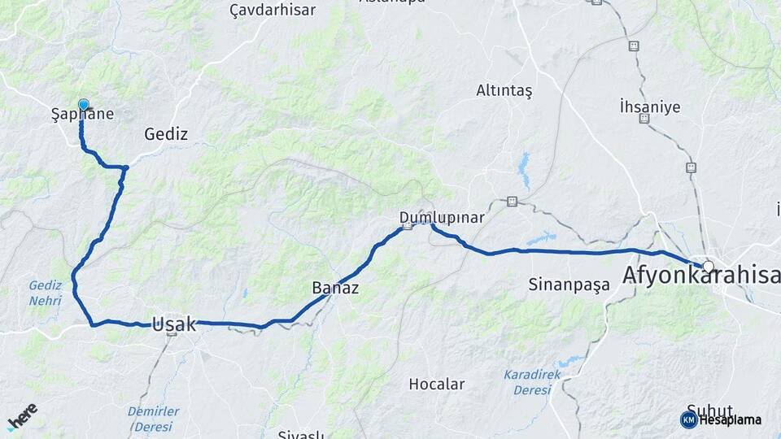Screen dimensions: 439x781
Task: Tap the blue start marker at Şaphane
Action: (83, 105)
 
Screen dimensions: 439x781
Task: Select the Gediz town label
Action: (166, 134)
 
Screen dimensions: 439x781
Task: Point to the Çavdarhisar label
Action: (273, 10)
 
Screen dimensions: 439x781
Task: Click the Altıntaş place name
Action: (504, 91)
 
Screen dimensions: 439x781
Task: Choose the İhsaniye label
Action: (649, 106)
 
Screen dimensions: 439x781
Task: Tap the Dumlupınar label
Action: (442, 217)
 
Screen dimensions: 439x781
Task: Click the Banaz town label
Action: (335, 288)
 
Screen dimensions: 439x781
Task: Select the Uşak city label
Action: (174, 324)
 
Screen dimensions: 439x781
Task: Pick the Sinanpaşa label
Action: (569, 285)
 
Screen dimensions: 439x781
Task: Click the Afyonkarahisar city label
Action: (700, 276)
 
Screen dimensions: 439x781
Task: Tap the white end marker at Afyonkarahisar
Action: (709, 266)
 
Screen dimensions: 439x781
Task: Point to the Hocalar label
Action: (437, 384)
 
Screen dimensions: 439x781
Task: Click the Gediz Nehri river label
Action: (46, 293)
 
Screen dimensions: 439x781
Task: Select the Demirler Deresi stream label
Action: (154, 419)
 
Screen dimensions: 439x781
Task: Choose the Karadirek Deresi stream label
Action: (532, 382)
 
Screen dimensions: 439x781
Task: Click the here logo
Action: (22, 416)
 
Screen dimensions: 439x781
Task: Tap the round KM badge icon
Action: (688, 419)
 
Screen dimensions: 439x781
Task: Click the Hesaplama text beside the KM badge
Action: (731, 419)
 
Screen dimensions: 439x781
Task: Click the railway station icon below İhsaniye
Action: (644, 119)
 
